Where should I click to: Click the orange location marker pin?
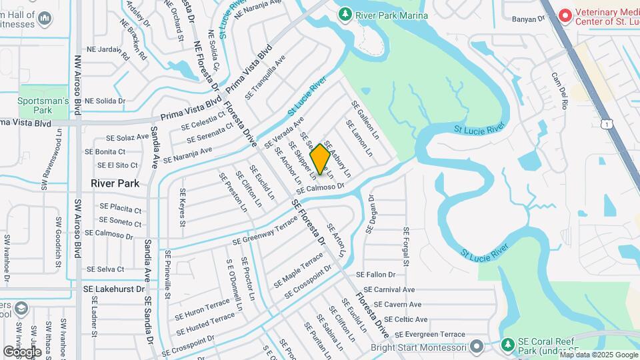click(x=320, y=159)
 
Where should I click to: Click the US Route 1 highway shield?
click(x=605, y=124)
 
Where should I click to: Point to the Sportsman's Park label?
click(x=43, y=105)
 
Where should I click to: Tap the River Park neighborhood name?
click(x=115, y=183)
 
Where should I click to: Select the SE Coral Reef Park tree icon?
click(x=509, y=345)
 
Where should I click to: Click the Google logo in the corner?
click(x=21, y=351)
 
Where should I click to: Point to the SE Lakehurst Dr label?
click(x=113, y=289)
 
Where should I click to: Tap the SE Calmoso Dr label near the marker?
click(x=319, y=189)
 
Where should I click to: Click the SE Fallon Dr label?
click(x=375, y=274)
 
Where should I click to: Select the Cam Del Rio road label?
click(x=559, y=91)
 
